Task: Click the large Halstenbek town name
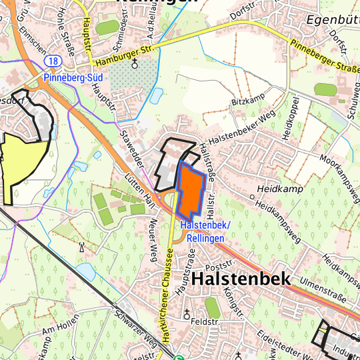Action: pyautogui.click(x=241, y=279)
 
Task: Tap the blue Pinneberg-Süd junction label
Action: pyautogui.click(x=73, y=78)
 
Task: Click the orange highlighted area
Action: pyautogui.click(x=190, y=190)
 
